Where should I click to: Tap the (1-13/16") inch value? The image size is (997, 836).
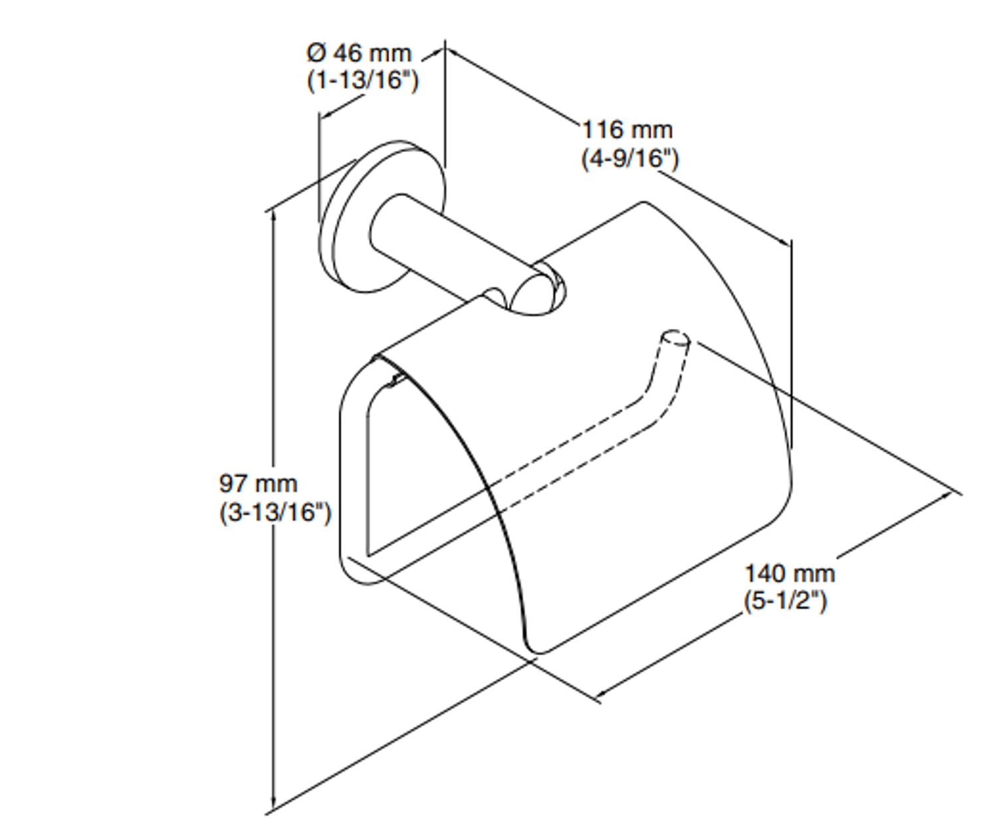click(362, 80)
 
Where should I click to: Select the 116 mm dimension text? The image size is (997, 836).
click(627, 129)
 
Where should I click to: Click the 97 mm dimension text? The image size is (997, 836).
click(258, 483)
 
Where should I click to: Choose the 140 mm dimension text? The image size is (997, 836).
click(789, 573)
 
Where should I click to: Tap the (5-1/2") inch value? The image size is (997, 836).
click(786, 601)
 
